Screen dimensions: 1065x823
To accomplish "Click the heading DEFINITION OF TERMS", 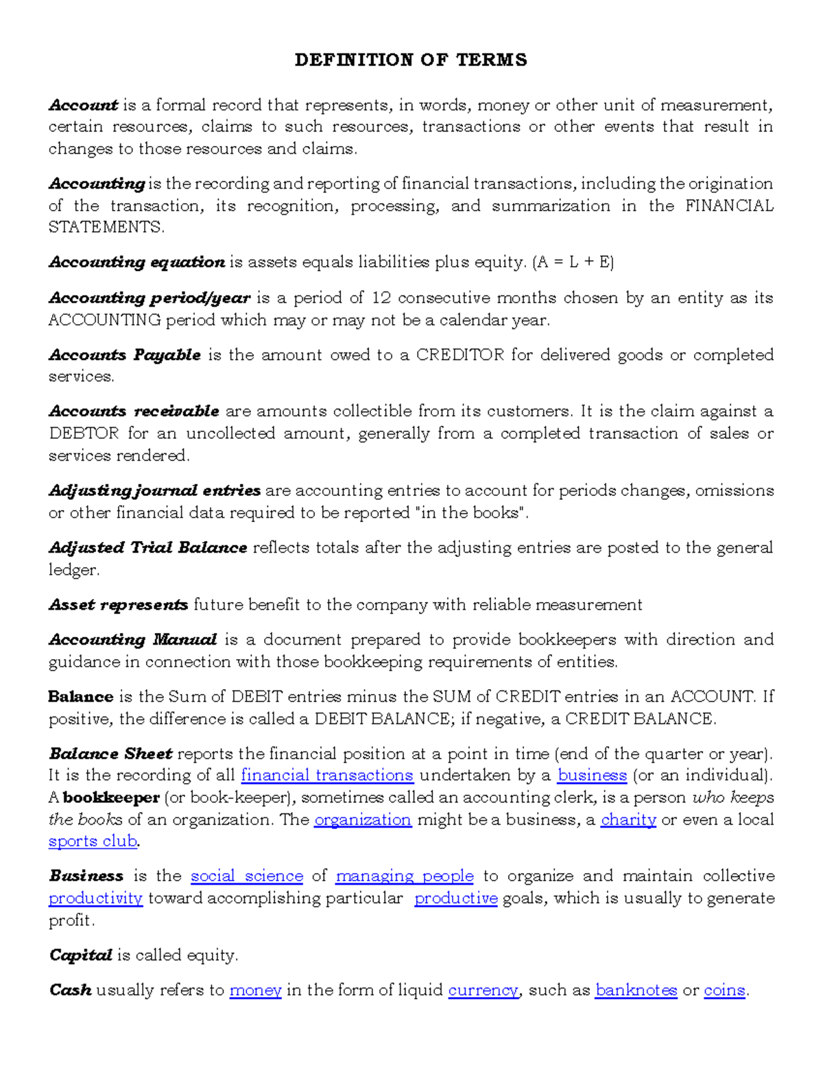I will coord(411,60).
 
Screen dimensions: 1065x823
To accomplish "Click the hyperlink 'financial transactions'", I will coord(327,776).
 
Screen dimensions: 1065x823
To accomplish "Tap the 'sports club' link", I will coord(93,841).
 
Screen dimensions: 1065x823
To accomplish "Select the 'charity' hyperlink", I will coord(628,820).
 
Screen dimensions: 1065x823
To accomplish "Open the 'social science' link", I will coord(247,876).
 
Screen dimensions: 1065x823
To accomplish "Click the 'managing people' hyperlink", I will coord(405,876).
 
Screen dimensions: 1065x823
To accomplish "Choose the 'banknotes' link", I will coord(636,991).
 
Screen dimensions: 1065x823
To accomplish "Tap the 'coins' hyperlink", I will coord(724,991).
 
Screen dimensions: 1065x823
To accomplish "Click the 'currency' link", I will coord(484,991).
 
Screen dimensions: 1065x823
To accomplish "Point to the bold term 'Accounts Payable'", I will coord(125,355).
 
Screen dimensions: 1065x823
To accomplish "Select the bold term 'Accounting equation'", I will coord(137,263).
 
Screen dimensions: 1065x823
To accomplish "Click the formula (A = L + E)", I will coord(573,263).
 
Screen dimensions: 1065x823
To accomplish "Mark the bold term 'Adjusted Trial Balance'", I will coord(148,548).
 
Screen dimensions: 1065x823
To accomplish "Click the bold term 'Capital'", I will coord(80,956).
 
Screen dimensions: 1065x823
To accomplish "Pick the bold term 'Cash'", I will coord(71,991).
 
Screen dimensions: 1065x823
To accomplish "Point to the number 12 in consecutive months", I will coord(381,298).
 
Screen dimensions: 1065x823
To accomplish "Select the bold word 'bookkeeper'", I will coord(111,798).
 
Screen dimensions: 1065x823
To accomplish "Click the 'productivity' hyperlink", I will coord(95,899).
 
